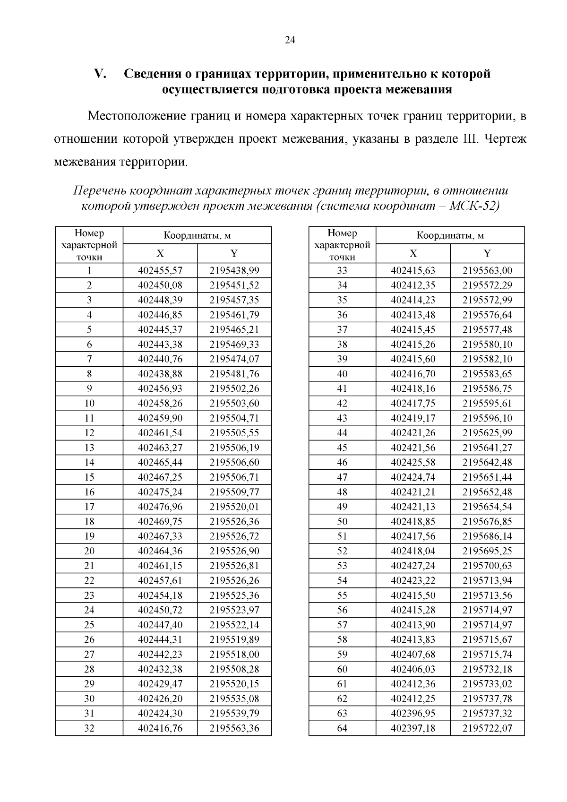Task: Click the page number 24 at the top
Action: point(290,41)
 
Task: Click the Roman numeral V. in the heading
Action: point(101,74)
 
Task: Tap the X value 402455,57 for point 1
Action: point(160,271)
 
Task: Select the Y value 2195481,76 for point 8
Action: point(234,374)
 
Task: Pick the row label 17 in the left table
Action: point(89,507)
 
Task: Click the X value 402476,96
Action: point(160,507)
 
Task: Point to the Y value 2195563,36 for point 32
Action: point(234,728)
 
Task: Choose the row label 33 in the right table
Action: point(342,271)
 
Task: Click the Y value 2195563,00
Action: point(487,271)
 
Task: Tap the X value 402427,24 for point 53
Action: point(413,566)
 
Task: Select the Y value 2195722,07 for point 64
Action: point(487,728)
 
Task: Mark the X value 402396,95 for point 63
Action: point(413,714)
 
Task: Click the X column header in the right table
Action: point(413,254)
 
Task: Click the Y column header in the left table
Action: point(234,254)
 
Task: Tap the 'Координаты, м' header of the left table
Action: point(197,235)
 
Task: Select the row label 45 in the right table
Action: point(342,448)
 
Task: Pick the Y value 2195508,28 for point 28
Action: point(234,669)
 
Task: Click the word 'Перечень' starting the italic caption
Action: point(99,191)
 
